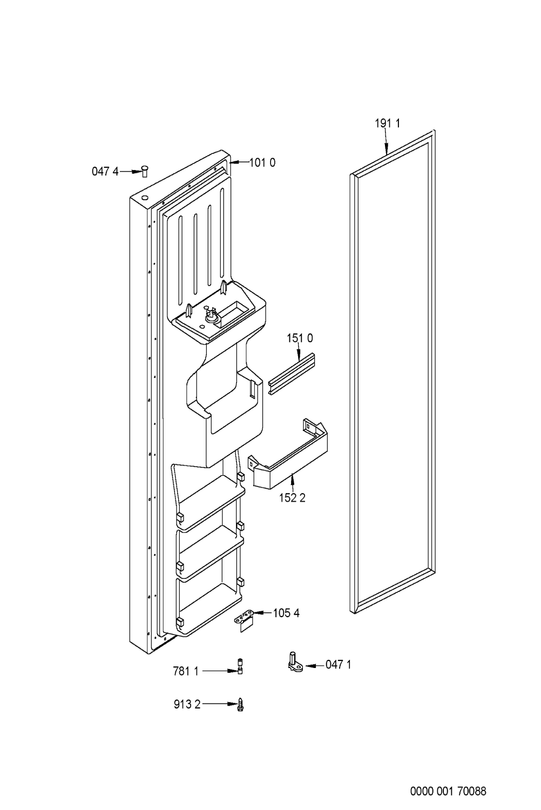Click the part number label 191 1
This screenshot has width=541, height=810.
tap(388, 124)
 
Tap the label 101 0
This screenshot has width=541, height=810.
tap(262, 163)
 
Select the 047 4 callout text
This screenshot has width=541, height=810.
tap(105, 172)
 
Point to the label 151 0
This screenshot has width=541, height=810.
tap(300, 339)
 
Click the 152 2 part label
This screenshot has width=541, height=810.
tap(292, 498)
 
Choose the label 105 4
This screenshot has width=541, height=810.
tap(286, 613)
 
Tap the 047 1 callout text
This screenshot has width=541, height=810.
tap(338, 665)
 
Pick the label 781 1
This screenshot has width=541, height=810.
tap(186, 671)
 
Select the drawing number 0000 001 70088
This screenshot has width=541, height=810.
tap(448, 792)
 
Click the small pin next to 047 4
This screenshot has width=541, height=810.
tap(145, 171)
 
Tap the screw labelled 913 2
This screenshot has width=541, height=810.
tap(241, 704)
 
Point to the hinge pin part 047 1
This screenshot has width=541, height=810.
tap(294, 662)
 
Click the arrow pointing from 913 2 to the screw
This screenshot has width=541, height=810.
tap(219, 704)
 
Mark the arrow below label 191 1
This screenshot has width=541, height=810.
tap(387, 143)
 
